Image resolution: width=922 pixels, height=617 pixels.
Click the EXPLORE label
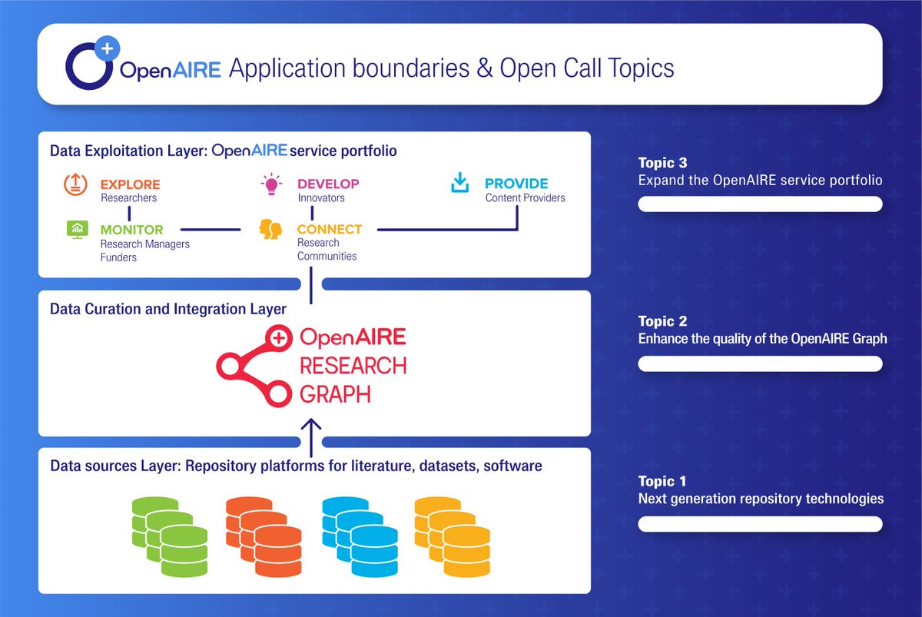130,184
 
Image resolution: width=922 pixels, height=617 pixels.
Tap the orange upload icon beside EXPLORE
76,184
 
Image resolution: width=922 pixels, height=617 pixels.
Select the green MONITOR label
131,230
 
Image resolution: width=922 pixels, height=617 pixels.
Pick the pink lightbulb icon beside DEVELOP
271,184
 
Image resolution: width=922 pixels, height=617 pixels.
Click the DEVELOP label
328,184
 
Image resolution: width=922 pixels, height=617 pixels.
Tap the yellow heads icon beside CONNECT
270,229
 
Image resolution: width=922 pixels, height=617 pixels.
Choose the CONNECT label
329,229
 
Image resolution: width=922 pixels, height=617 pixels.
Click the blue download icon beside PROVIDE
459,184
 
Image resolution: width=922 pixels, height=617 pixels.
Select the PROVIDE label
516,184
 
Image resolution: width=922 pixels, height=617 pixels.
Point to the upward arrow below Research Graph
311,430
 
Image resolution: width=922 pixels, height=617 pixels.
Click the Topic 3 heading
662,163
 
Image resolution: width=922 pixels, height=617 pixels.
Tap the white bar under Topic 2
760,363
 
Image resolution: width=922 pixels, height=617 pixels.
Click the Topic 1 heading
662,482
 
